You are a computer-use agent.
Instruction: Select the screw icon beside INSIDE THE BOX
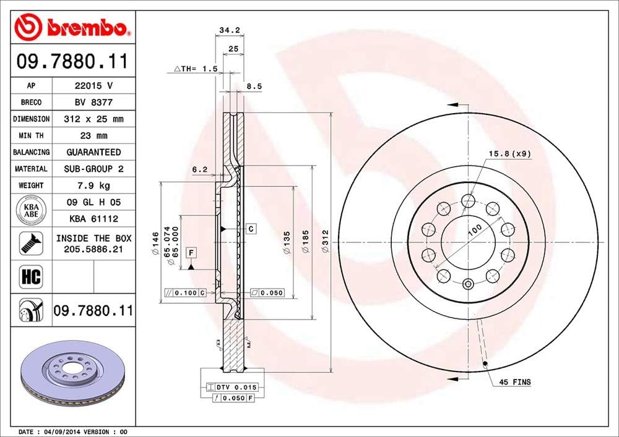[x=30, y=243]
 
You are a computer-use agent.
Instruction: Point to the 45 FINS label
[x=515, y=383]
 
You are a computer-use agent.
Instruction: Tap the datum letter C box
[x=251, y=229]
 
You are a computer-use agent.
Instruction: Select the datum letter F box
[x=191, y=252]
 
